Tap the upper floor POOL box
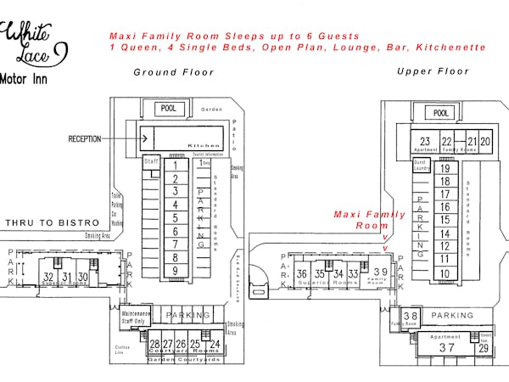[439, 113]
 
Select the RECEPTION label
[86, 138]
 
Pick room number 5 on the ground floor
[175, 218]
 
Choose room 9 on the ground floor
[175, 271]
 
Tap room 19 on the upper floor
[444, 169]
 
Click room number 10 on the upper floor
[444, 273]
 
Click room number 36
[302, 274]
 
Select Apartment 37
[446, 347]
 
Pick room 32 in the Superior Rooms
[48, 277]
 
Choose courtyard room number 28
[154, 345]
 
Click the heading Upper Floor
[433, 71]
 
